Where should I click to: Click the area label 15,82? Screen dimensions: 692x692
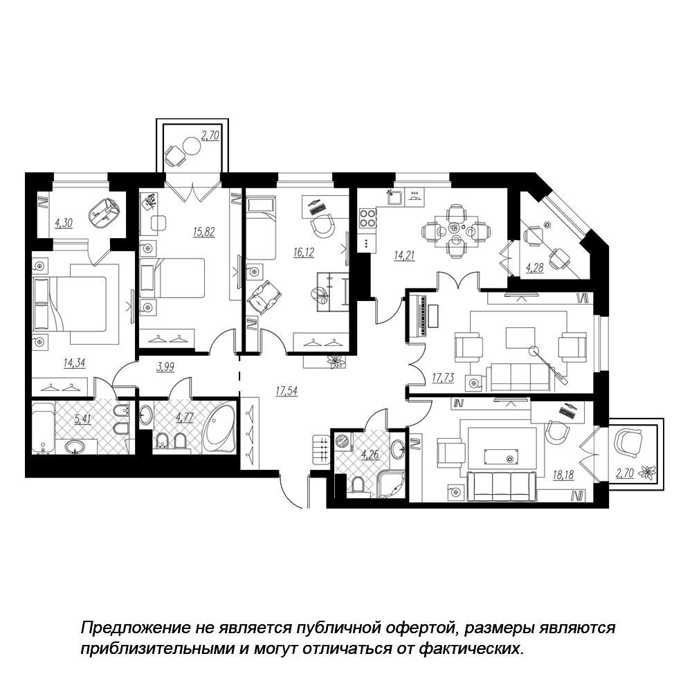pos(204,232)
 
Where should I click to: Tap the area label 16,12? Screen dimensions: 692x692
pos(304,253)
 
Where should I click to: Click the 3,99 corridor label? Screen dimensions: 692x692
pos(165,367)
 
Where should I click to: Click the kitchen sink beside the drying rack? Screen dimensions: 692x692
pos(395,197)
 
